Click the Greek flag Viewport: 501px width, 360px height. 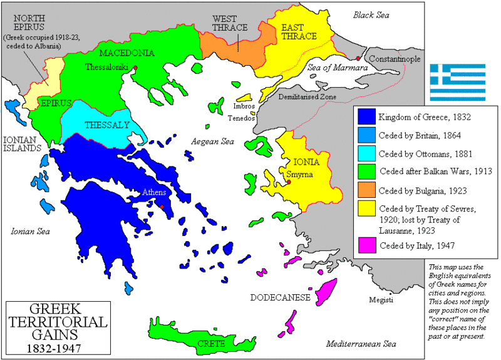click(x=457, y=82)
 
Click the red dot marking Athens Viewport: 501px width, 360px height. click(x=162, y=207)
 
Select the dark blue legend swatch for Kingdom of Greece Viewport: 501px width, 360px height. click(x=366, y=116)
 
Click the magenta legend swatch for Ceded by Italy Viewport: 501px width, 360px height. click(x=366, y=245)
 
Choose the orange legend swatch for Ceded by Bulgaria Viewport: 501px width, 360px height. click(x=366, y=191)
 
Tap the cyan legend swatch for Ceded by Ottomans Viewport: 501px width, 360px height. click(x=366, y=153)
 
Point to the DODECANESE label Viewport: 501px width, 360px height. click(x=280, y=298)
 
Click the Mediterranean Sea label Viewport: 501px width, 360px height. click(x=361, y=344)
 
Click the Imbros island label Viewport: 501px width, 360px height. click(x=227, y=107)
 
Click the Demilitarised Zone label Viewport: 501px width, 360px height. click(x=307, y=97)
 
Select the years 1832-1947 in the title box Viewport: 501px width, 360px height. click(x=48, y=346)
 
